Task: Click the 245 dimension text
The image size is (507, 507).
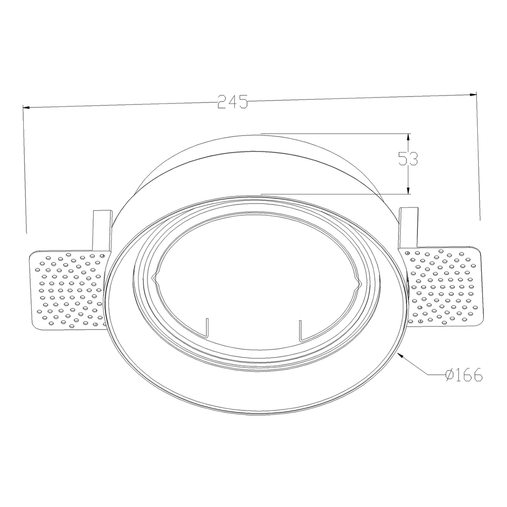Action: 232,102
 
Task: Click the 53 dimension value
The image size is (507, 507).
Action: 408,158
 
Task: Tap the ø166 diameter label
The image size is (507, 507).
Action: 463,376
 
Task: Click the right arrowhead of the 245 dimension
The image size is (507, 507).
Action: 473,94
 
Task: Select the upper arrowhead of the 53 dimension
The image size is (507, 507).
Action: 408,137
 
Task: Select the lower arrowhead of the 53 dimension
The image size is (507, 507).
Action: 408,191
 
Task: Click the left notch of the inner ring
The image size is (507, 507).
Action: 155,280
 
